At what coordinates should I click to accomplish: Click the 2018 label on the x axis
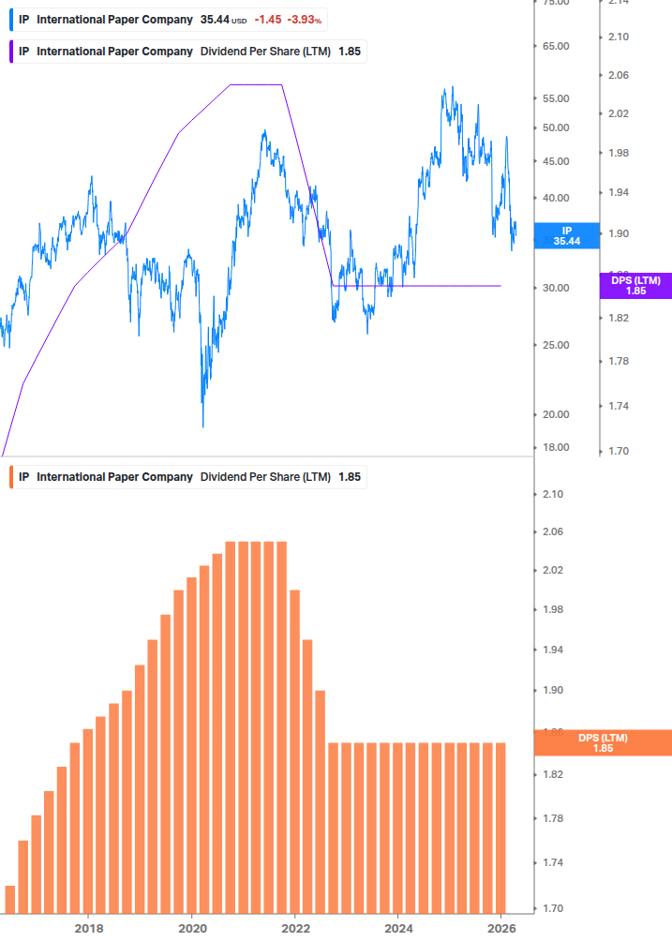click(89, 929)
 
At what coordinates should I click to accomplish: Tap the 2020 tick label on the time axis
click(192, 929)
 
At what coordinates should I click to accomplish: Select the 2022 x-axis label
click(295, 929)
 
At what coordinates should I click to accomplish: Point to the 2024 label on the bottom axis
click(398, 929)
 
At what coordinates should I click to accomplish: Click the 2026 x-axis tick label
click(501, 929)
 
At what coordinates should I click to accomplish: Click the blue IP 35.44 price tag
click(566, 236)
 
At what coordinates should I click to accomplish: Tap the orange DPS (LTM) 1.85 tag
click(603, 742)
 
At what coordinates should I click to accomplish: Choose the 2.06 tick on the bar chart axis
click(554, 532)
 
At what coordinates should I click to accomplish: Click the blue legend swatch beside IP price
click(10, 20)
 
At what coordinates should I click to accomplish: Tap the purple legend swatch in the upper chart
click(10, 52)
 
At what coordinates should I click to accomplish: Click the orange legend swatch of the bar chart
click(10, 477)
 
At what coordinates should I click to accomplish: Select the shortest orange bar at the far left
click(10, 899)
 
